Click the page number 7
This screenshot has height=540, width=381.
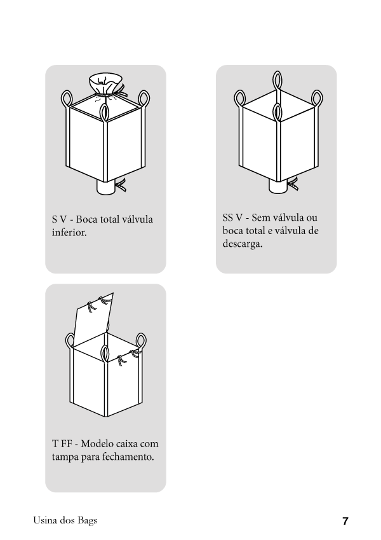click(x=345, y=521)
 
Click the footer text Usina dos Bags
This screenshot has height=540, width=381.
click(x=65, y=520)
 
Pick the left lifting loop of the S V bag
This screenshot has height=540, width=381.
click(x=67, y=99)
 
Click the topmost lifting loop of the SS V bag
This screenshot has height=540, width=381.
click(x=277, y=81)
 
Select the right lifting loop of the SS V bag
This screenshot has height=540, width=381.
click(x=317, y=99)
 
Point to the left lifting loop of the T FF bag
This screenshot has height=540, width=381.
click(x=70, y=342)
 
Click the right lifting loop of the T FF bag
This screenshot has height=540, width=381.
click(x=141, y=342)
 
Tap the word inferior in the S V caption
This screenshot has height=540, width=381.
click(x=69, y=232)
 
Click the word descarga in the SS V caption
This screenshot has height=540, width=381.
click(x=243, y=244)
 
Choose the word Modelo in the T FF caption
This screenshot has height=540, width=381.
click(x=97, y=443)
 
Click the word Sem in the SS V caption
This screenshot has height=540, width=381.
click(x=260, y=218)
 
